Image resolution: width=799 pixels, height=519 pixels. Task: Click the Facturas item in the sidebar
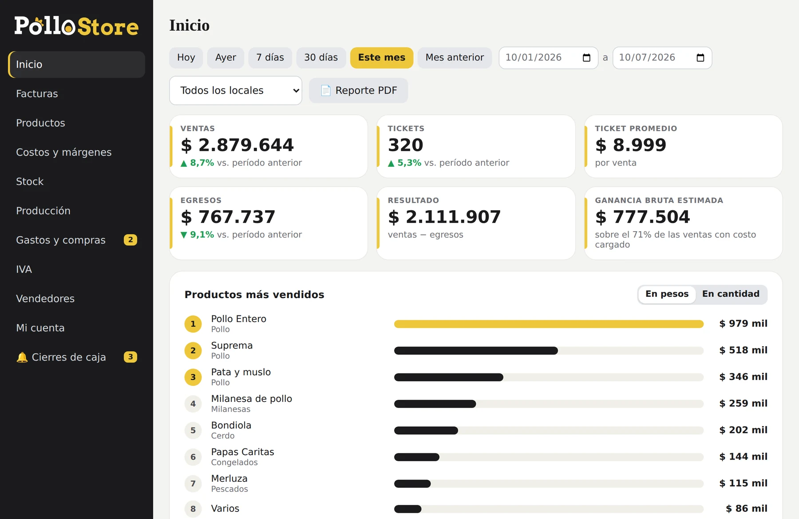click(37, 94)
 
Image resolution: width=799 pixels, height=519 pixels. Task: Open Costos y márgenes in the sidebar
click(63, 152)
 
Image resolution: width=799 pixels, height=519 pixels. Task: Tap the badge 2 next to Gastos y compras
click(131, 240)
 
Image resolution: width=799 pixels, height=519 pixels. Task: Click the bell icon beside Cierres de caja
click(22, 357)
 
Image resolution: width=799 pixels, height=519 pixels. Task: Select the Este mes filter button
click(382, 58)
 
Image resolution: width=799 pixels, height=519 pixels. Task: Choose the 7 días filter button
click(270, 58)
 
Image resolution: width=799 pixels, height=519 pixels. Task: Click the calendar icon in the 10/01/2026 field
click(586, 58)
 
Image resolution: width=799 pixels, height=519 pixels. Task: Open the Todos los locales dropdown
click(236, 90)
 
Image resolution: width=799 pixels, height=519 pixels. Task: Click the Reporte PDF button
click(358, 90)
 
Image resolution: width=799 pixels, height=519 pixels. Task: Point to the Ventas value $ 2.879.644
click(237, 145)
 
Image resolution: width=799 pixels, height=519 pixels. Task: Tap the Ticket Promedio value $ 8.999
click(630, 145)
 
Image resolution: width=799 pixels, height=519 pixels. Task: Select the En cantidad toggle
click(731, 294)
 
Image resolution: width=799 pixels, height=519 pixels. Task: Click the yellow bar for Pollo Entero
click(549, 324)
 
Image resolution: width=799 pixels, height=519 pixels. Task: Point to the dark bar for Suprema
click(476, 350)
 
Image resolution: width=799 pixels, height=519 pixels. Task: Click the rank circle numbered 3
click(193, 377)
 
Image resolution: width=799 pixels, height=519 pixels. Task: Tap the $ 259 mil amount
click(743, 403)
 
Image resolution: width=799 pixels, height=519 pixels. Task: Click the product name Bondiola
click(231, 425)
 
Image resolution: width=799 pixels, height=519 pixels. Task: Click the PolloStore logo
click(76, 26)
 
